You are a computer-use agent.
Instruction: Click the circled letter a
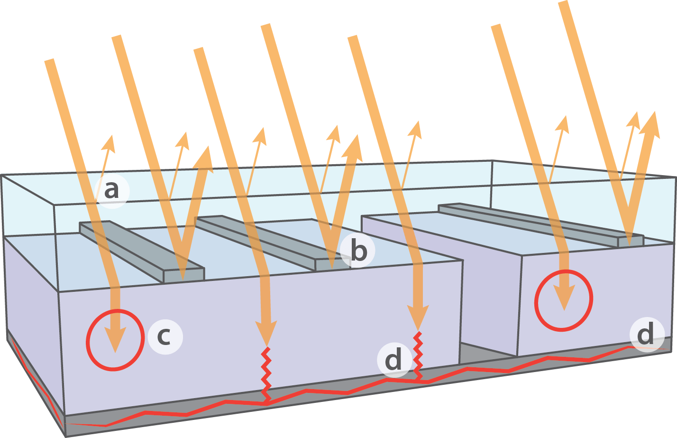pos(111,191)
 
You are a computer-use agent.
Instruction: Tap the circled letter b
pos(357,252)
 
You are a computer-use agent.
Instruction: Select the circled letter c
pos(165,336)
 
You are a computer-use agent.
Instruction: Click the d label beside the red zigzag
pos(393,360)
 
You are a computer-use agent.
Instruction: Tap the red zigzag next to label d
pos(418,356)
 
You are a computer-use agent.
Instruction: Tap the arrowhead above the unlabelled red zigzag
pos(266,332)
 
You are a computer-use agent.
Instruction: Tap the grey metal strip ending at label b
pos(265,242)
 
